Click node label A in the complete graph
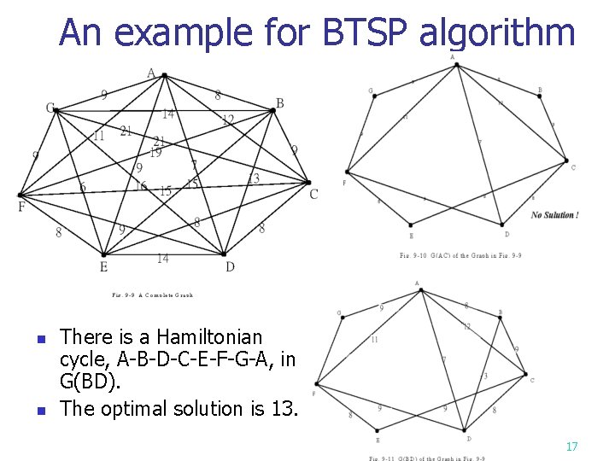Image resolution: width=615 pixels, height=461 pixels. (151, 73)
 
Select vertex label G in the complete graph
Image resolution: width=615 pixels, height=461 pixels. (50, 108)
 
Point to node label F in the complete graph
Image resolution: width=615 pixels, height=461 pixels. (20, 207)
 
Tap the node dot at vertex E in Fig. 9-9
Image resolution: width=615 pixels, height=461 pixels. (103, 254)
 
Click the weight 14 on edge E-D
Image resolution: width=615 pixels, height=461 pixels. (162, 259)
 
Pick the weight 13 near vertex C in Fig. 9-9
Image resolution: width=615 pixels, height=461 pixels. (253, 178)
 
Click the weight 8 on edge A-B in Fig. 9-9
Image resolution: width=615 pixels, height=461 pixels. (218, 96)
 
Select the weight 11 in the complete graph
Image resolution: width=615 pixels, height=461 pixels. (99, 136)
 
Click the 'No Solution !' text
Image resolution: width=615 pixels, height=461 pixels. (554, 215)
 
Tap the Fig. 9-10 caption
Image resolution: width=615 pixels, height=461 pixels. (460, 255)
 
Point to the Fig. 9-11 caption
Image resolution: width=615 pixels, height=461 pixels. (427, 458)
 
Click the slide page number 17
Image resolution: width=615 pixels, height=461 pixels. (572, 446)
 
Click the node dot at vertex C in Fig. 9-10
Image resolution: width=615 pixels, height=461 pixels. (565, 160)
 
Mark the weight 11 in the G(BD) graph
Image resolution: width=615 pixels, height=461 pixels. (374, 340)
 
